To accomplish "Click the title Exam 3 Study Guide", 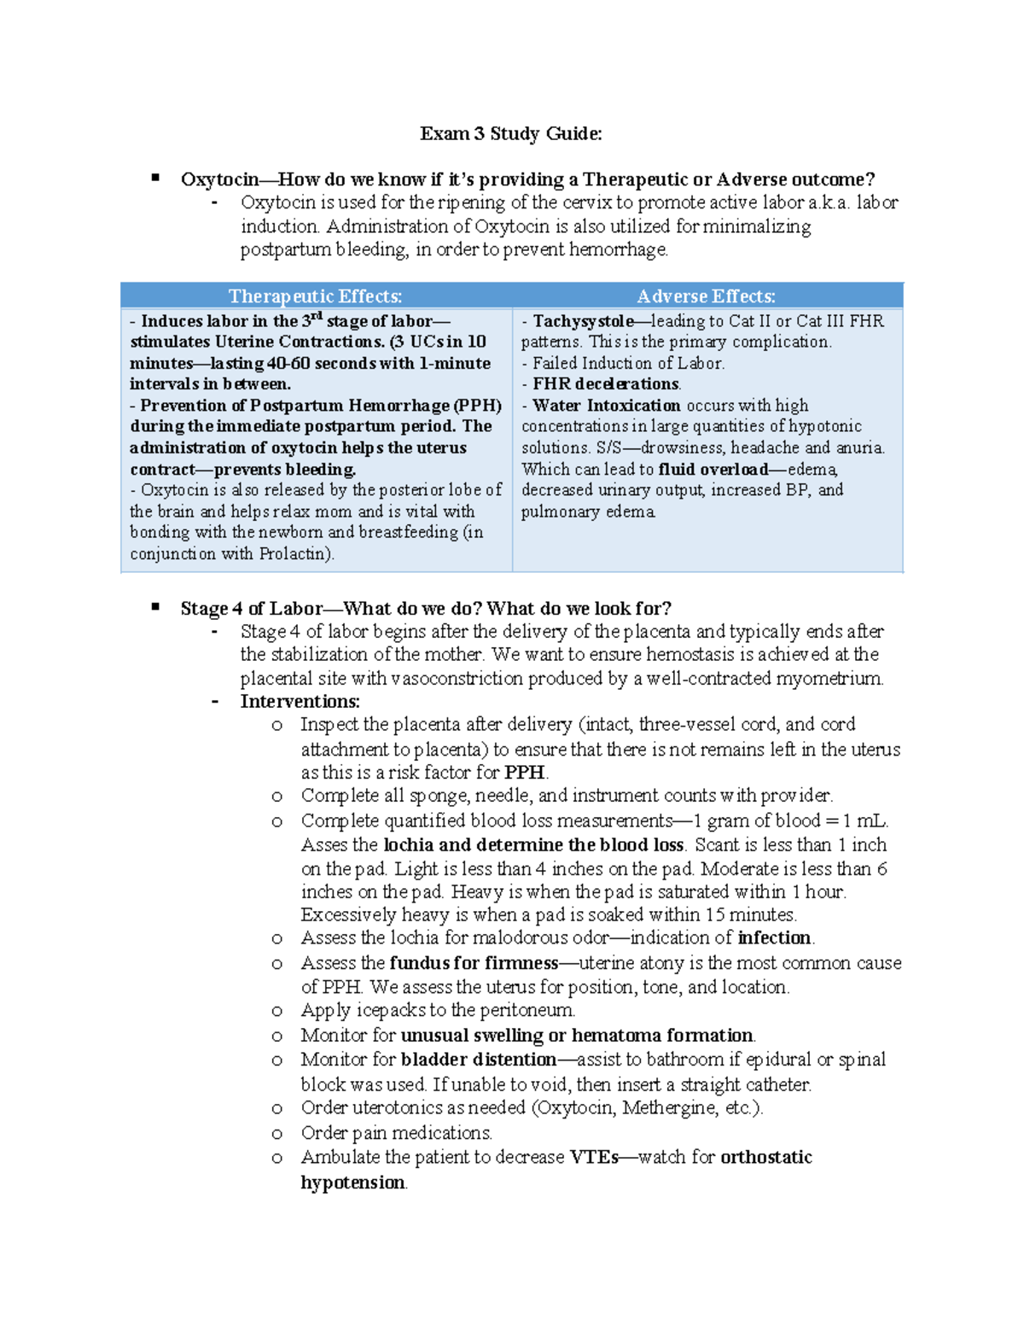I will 510,133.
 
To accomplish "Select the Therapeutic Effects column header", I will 315,296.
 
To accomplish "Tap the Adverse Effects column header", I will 706,296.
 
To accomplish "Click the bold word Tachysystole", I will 583,321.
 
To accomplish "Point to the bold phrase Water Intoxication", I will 606,406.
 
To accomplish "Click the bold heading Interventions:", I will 300,701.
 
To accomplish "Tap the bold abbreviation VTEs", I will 594,1157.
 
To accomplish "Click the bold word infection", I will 774,938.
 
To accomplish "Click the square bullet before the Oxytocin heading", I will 155,178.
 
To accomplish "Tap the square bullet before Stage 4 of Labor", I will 155,607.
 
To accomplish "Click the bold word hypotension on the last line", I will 352,1183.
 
